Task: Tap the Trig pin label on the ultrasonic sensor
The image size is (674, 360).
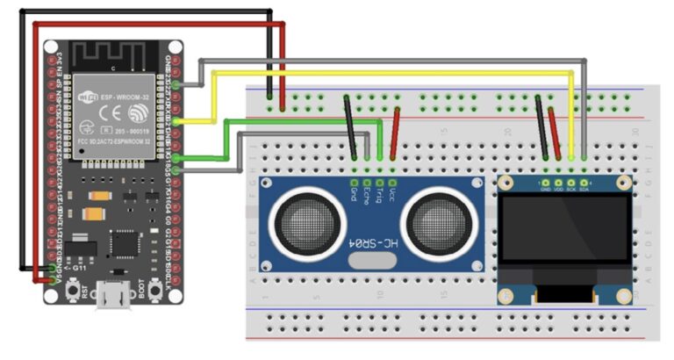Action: [x=379, y=190]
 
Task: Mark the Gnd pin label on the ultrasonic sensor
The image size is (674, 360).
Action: [x=354, y=191]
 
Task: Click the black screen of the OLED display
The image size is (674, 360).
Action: [x=564, y=231]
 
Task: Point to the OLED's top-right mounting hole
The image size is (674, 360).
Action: [x=624, y=183]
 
